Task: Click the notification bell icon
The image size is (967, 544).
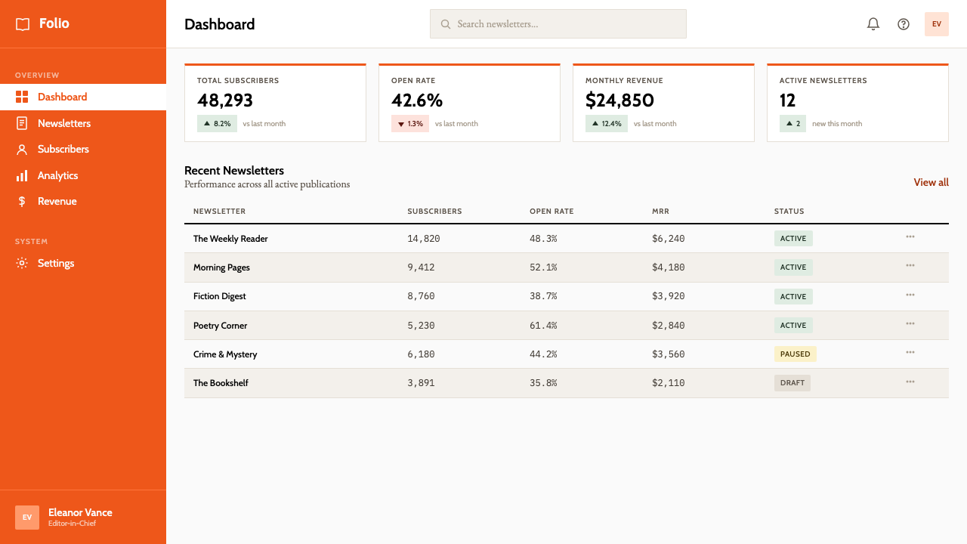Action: click(873, 23)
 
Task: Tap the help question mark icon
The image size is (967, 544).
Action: click(903, 24)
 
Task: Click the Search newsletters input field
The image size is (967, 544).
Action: click(558, 23)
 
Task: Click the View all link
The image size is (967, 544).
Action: click(931, 182)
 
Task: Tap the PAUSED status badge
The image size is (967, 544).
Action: click(795, 354)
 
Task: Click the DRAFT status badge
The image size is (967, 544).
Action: click(792, 383)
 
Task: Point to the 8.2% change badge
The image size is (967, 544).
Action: click(217, 123)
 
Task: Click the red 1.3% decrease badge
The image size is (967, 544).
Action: click(410, 123)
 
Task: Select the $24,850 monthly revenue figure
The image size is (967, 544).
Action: click(619, 100)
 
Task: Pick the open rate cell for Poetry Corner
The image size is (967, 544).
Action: click(543, 326)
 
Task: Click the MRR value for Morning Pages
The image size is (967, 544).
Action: click(669, 267)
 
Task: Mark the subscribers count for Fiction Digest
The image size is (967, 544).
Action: click(421, 296)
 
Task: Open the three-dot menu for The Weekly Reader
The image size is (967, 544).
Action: click(910, 236)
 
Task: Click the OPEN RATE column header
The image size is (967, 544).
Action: click(551, 211)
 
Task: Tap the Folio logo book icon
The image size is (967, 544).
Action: click(23, 24)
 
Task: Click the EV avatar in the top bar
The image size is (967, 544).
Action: click(936, 24)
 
